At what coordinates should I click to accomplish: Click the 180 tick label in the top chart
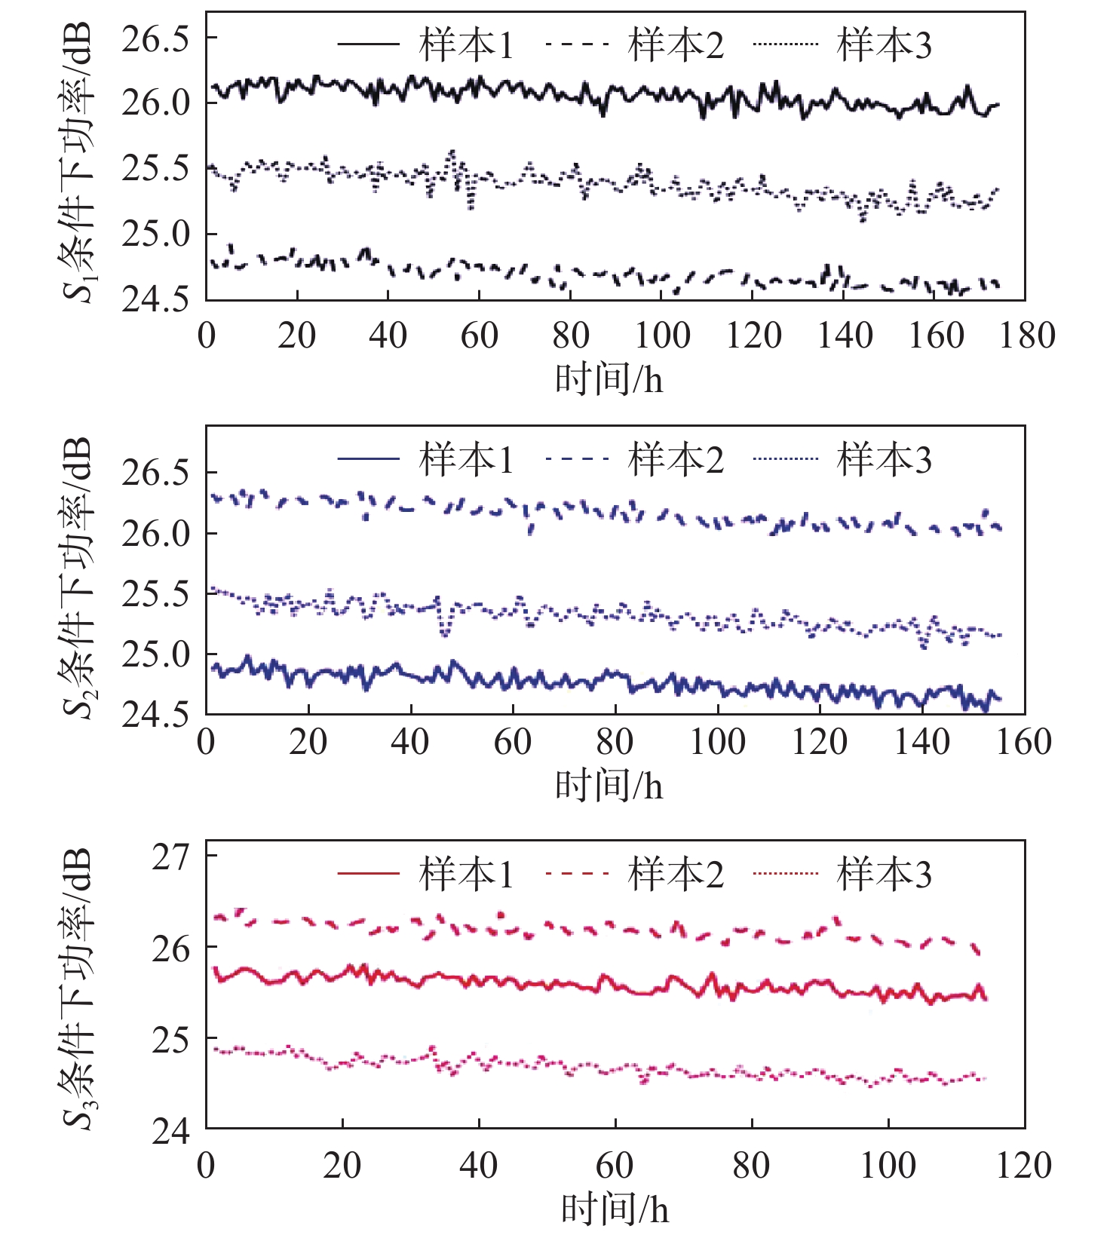1027,336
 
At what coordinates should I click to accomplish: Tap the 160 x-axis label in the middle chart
1023,742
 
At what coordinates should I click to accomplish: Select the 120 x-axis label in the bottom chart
1023,1166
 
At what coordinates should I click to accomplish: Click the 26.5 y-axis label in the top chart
156,38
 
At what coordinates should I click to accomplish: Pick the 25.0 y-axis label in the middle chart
156,654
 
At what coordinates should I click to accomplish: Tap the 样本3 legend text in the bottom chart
885,875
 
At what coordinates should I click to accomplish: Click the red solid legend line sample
368,874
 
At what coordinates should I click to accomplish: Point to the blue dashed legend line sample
577,458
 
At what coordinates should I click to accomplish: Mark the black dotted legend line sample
785,44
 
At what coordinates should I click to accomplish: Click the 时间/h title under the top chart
609,378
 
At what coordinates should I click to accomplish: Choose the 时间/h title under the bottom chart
615,1209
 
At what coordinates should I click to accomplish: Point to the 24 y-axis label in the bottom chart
171,1131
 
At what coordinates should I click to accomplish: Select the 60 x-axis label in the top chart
480,336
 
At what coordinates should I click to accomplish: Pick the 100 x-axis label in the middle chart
718,742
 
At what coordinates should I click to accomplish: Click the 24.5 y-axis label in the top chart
156,299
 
